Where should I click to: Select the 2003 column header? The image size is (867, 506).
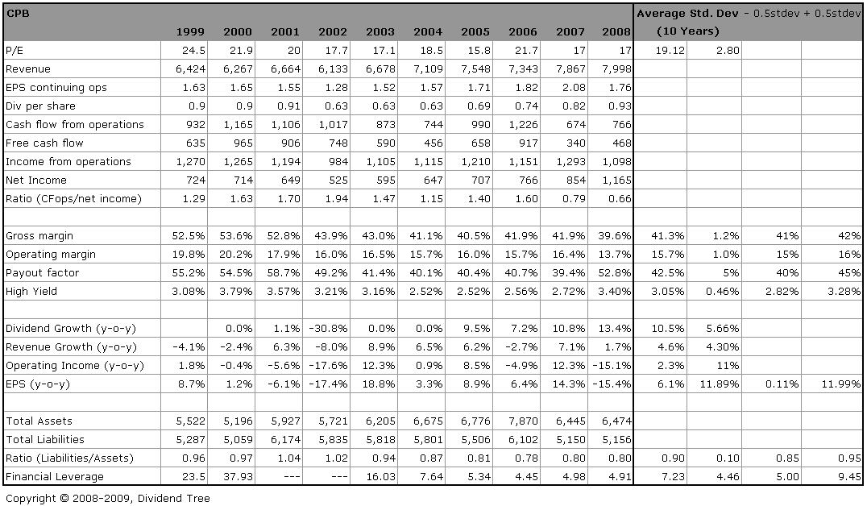[380, 31]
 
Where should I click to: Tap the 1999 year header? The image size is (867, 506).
[190, 31]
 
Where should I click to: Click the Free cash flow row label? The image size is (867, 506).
[44, 143]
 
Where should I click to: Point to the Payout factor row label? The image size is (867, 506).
[42, 272]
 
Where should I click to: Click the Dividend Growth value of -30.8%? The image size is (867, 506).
[331, 328]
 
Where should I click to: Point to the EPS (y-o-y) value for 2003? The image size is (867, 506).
[379, 384]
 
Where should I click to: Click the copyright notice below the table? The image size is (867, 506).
[107, 498]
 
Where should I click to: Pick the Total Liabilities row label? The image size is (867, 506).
[45, 439]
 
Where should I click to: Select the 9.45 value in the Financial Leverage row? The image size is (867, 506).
[847, 476]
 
